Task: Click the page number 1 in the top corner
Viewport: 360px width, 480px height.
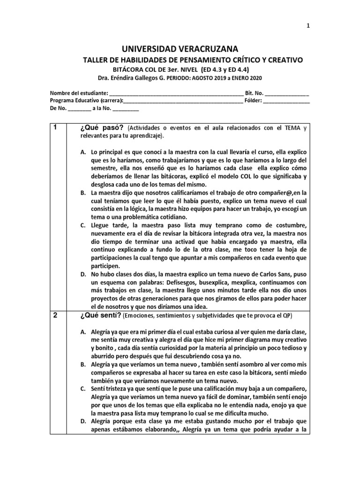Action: click(x=308, y=26)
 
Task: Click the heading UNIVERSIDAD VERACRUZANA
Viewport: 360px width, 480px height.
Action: click(x=180, y=49)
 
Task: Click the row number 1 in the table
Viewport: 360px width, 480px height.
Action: click(x=55, y=127)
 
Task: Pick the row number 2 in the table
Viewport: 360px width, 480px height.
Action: click(x=55, y=315)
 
